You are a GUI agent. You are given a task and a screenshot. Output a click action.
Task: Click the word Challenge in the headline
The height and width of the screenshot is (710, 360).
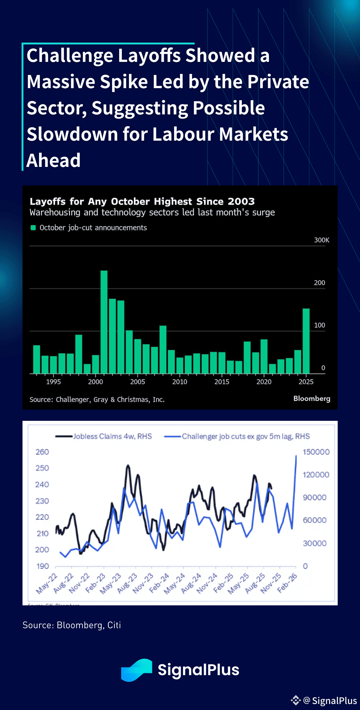(70, 56)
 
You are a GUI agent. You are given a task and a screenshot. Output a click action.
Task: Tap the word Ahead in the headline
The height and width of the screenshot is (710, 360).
(54, 161)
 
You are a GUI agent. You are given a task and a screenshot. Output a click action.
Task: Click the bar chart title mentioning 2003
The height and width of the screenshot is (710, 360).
(142, 201)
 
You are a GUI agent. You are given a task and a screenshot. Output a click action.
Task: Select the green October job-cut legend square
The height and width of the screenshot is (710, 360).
(33, 228)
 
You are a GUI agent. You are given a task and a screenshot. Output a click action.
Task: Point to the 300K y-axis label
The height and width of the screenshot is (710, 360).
(321, 240)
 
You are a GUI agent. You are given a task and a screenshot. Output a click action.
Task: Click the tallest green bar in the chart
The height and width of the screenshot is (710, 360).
(104, 322)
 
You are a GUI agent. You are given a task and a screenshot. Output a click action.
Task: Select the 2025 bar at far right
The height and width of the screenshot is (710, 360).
(306, 341)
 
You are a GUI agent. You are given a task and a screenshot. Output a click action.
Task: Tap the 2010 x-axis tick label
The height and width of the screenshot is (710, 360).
(180, 382)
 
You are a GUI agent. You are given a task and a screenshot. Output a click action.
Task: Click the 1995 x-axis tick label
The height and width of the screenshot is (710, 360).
(53, 382)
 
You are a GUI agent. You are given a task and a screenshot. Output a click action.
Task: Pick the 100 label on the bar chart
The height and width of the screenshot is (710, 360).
(319, 325)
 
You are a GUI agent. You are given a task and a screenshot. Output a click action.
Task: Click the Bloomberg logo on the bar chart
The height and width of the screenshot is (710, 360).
(312, 398)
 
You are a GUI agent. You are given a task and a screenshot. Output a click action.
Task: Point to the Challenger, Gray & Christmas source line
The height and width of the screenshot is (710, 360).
(97, 399)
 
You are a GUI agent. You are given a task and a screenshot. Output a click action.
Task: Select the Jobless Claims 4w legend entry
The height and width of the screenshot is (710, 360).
(104, 436)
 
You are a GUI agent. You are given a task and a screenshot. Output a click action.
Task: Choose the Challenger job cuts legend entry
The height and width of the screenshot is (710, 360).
(237, 436)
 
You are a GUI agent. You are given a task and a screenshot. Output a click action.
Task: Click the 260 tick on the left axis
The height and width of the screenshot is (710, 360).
(42, 452)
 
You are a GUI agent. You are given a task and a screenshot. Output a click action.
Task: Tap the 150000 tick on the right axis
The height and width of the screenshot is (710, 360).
(316, 452)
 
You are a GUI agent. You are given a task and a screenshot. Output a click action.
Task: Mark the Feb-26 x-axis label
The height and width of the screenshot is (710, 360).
(287, 583)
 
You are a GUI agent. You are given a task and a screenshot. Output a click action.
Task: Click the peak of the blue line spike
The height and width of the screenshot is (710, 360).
(296, 456)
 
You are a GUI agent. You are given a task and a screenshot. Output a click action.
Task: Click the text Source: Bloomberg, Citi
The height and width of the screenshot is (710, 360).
(72, 625)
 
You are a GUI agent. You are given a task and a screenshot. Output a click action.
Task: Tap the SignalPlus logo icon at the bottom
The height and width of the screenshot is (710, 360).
(136, 670)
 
